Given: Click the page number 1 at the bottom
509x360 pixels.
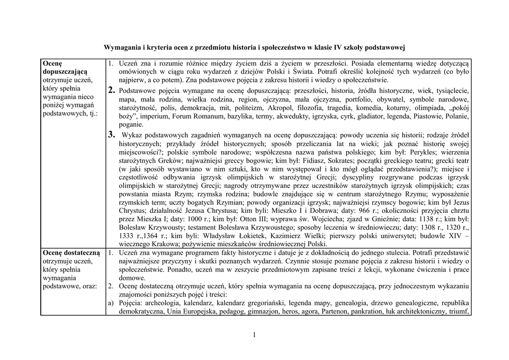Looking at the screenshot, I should click(x=254, y=335).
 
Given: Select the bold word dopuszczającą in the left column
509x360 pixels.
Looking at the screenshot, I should click(x=65, y=72).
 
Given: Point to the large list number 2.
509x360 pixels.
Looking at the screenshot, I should click(x=112, y=90).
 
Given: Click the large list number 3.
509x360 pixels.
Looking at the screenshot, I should click(x=112, y=134).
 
